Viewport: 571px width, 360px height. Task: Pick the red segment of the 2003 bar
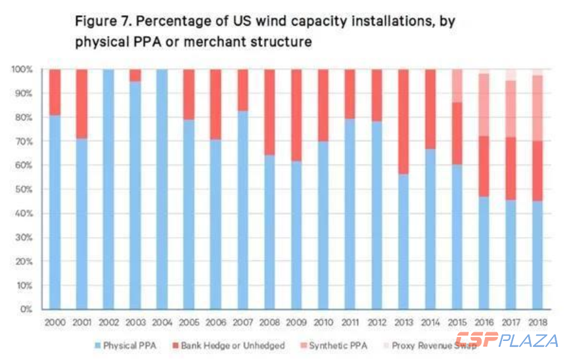coord(135,75)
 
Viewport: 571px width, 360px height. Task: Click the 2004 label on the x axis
coord(162,323)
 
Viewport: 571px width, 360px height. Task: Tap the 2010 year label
coord(323,323)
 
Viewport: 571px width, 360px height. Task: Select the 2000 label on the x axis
coord(55,323)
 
